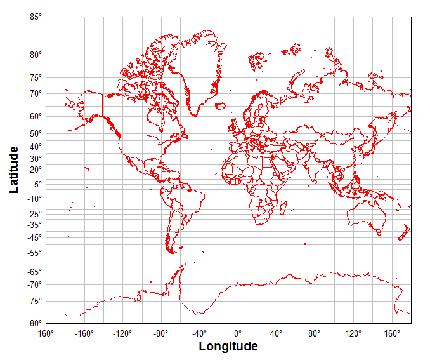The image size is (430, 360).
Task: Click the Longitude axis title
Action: [x=228, y=347]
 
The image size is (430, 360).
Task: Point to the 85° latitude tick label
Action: [x=36, y=17]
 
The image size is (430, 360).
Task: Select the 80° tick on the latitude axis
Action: [x=36, y=55]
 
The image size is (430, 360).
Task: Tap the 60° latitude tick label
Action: [x=36, y=116]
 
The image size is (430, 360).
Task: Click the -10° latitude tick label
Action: [x=34, y=198]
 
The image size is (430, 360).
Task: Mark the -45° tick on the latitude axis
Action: [x=34, y=237]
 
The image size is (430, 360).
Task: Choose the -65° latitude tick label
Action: [x=34, y=272]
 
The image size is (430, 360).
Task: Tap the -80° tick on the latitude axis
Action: [x=34, y=323]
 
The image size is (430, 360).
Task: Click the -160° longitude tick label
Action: [x=84, y=333]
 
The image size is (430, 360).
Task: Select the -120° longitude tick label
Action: [x=122, y=333]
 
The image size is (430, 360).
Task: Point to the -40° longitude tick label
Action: [x=199, y=333]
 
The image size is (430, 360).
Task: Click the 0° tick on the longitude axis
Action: [x=238, y=333]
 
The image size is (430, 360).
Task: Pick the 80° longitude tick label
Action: [x=315, y=333]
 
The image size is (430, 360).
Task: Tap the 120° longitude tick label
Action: [x=353, y=333]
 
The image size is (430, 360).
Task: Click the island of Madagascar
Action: [x=283, y=207]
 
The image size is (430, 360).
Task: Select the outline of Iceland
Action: [x=221, y=106]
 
